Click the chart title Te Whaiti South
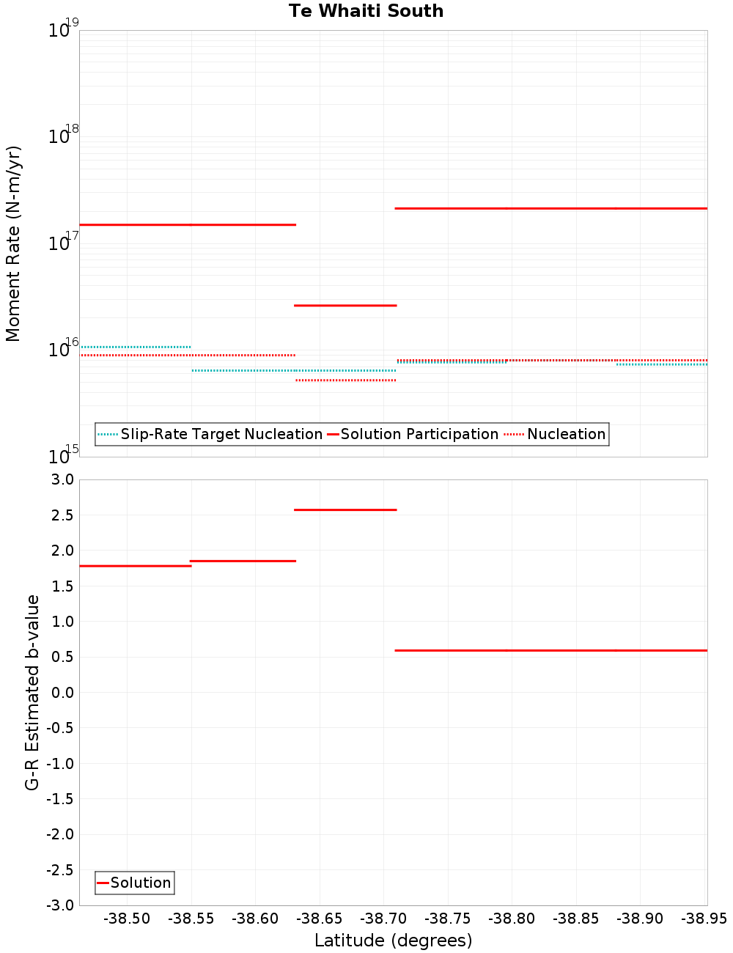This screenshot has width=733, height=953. pyautogui.click(x=366, y=11)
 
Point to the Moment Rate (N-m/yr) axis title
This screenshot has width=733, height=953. pyautogui.click(x=13, y=243)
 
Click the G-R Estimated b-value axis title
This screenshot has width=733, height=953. pyautogui.click(x=32, y=692)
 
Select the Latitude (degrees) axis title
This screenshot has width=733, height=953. pyautogui.click(x=393, y=941)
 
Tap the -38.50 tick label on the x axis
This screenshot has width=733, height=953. pyautogui.click(x=127, y=919)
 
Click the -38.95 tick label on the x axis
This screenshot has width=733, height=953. pyautogui.click(x=704, y=919)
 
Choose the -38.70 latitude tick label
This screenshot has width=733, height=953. pyautogui.click(x=383, y=919)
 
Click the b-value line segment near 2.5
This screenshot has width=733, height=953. pyautogui.click(x=345, y=509)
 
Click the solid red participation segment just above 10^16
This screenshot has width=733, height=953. pyautogui.click(x=345, y=305)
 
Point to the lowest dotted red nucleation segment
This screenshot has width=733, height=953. pyautogui.click(x=345, y=380)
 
